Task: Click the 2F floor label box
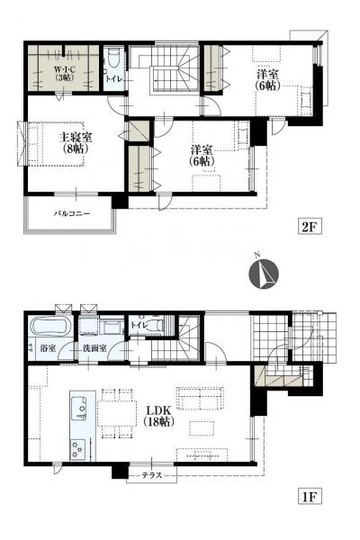[x=310, y=227]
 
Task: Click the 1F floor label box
[x=310, y=497]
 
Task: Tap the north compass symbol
[x=264, y=274]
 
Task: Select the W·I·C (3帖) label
[x=65, y=73]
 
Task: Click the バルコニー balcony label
[x=72, y=213]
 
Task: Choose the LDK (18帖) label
[x=158, y=416]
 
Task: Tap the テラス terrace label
[x=152, y=475]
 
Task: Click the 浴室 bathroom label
[x=48, y=347]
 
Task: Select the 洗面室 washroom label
[x=94, y=347]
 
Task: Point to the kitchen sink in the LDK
[x=79, y=408]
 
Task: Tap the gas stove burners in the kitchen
[x=78, y=450]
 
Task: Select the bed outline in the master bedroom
[x=55, y=144]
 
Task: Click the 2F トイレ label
[x=113, y=79]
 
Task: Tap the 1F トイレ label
[x=139, y=325]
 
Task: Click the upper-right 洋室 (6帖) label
[x=267, y=80]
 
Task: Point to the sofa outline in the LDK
[x=200, y=399]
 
